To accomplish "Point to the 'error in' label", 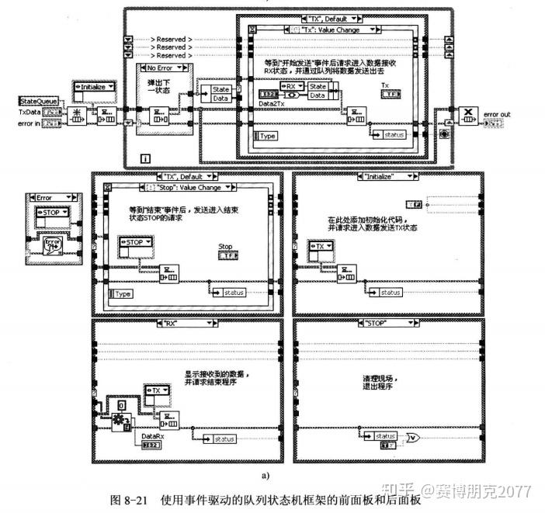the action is point(27,123).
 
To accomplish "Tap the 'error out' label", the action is point(496,114).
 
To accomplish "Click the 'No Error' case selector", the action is point(165,68).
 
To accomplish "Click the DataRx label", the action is point(151,435).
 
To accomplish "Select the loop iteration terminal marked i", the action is point(144,158).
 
